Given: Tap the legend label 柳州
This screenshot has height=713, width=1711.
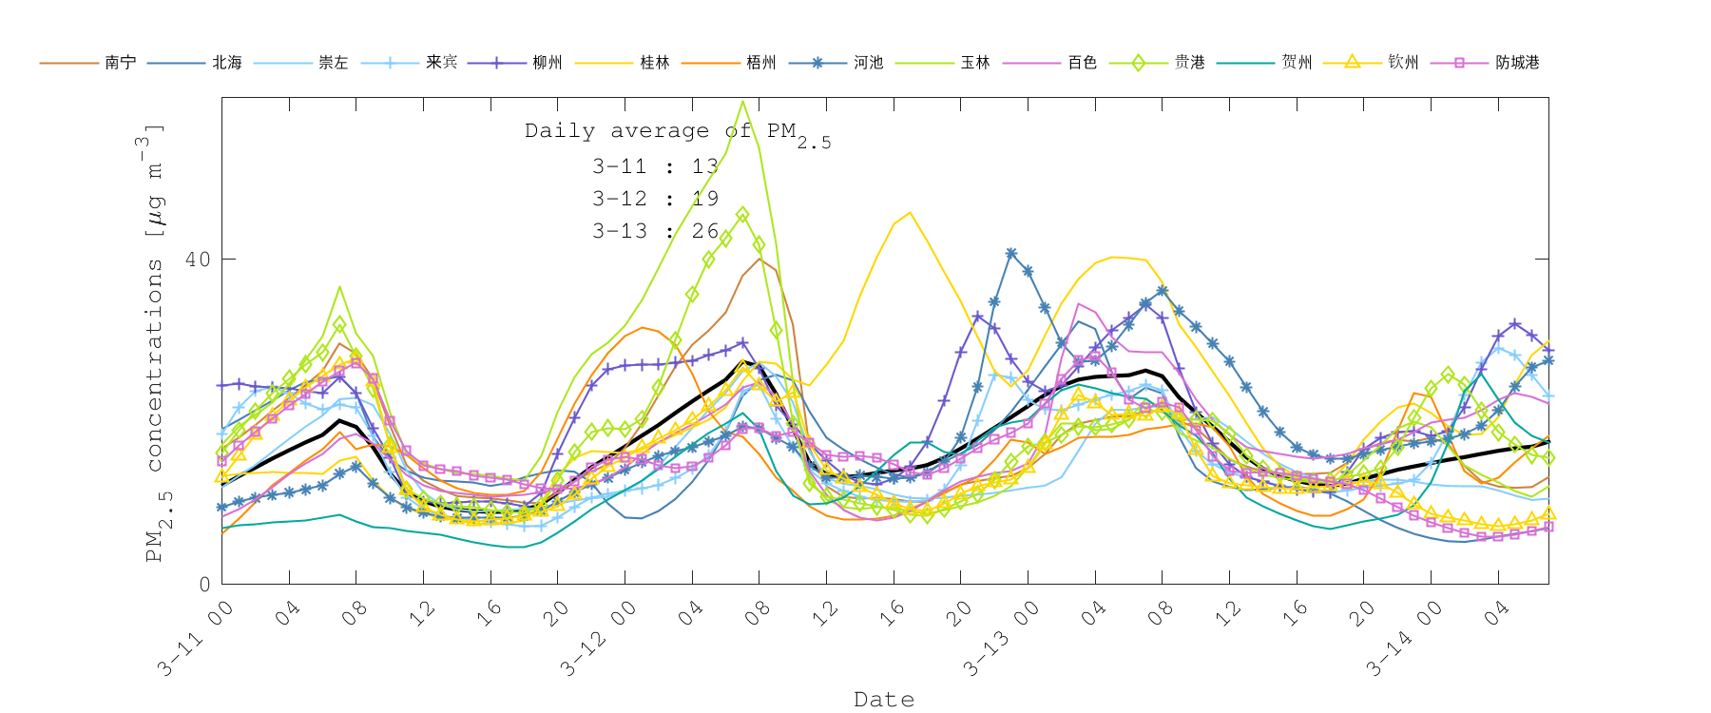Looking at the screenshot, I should [x=547, y=63].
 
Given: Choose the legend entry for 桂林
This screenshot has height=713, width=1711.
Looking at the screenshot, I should [x=654, y=63].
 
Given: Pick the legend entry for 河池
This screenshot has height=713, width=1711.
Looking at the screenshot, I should [x=868, y=63].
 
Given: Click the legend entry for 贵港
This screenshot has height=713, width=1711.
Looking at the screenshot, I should [x=1189, y=63].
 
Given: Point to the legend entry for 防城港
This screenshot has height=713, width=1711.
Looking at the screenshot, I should [x=1516, y=63].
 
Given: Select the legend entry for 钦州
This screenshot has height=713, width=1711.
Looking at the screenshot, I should [x=1403, y=63].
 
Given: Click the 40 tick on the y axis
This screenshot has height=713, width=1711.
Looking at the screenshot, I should [x=198, y=259].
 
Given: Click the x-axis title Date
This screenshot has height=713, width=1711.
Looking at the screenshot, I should [x=884, y=700].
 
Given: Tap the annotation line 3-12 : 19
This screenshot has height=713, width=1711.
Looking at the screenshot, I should [x=655, y=199].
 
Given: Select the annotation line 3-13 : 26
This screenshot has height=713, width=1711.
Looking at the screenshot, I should [x=655, y=231].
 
